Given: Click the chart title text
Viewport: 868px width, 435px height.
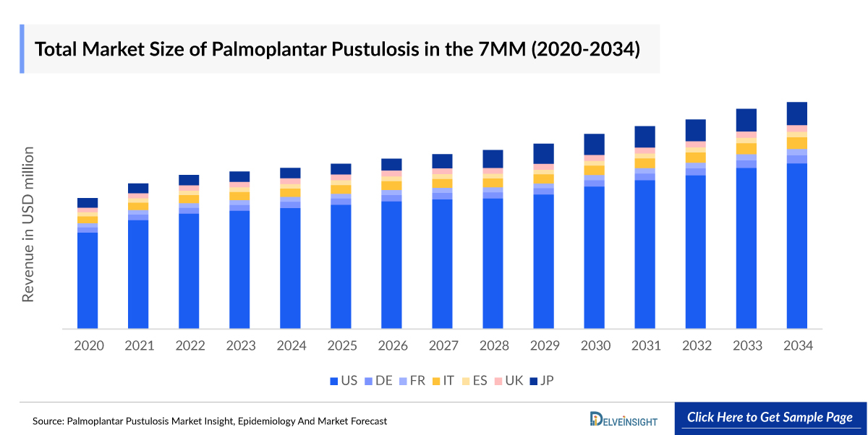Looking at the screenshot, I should (337, 49).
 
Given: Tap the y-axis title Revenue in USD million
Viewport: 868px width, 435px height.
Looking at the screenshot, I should (28, 224).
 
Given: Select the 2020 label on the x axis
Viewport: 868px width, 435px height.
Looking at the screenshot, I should (88, 345).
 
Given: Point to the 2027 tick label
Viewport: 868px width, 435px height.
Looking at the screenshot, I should (443, 345).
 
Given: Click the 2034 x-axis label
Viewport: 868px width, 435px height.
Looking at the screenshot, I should (797, 345).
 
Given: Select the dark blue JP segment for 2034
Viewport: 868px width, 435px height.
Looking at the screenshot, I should (797, 113).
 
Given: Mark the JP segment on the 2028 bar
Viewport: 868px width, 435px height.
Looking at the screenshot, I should (493, 158).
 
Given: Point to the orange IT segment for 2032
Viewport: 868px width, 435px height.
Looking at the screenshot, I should (696, 158).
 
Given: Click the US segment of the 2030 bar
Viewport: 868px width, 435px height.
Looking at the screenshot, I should (595, 257).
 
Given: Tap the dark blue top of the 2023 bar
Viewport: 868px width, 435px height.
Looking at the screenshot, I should (240, 176).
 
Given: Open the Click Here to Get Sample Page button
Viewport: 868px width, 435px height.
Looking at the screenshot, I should (770, 418).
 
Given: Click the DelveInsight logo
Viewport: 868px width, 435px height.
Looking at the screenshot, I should (623, 418).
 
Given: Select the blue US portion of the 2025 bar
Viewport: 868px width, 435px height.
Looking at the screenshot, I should (341, 267).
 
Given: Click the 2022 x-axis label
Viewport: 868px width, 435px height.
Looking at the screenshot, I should (190, 345).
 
